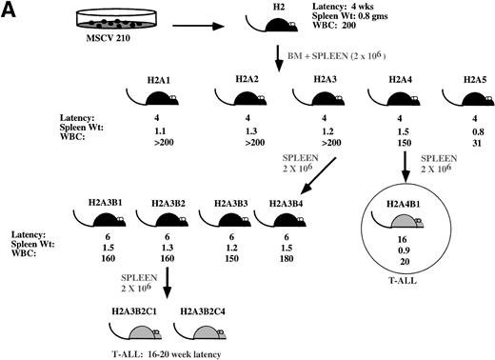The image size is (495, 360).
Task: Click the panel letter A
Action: pos(11,10)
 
